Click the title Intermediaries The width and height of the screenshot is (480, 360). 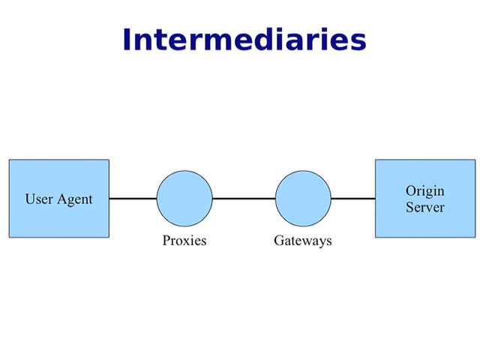click(x=244, y=39)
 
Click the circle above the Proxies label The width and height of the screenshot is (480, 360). click(x=184, y=199)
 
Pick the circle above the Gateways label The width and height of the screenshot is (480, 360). click(x=303, y=199)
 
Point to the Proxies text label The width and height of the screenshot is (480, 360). click(x=184, y=241)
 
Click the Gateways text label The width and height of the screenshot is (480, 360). click(x=302, y=241)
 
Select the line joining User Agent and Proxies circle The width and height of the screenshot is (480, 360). click(x=133, y=199)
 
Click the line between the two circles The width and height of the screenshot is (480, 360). click(x=244, y=199)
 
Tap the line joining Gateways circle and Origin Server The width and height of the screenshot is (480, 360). click(x=353, y=199)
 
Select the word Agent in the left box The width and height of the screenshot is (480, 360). click(x=75, y=200)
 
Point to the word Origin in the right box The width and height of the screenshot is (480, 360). click(x=425, y=191)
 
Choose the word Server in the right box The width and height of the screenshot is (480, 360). click(x=425, y=206)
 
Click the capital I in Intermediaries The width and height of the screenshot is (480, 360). click(x=127, y=39)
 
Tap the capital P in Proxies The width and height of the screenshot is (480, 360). click(x=166, y=241)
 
